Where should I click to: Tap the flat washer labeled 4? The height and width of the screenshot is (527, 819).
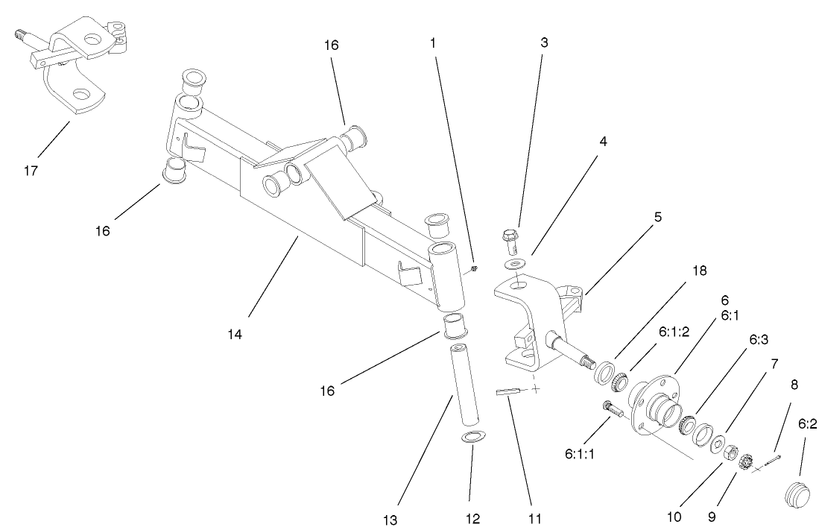[x=513, y=264]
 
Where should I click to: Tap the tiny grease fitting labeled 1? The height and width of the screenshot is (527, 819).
[x=475, y=268]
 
